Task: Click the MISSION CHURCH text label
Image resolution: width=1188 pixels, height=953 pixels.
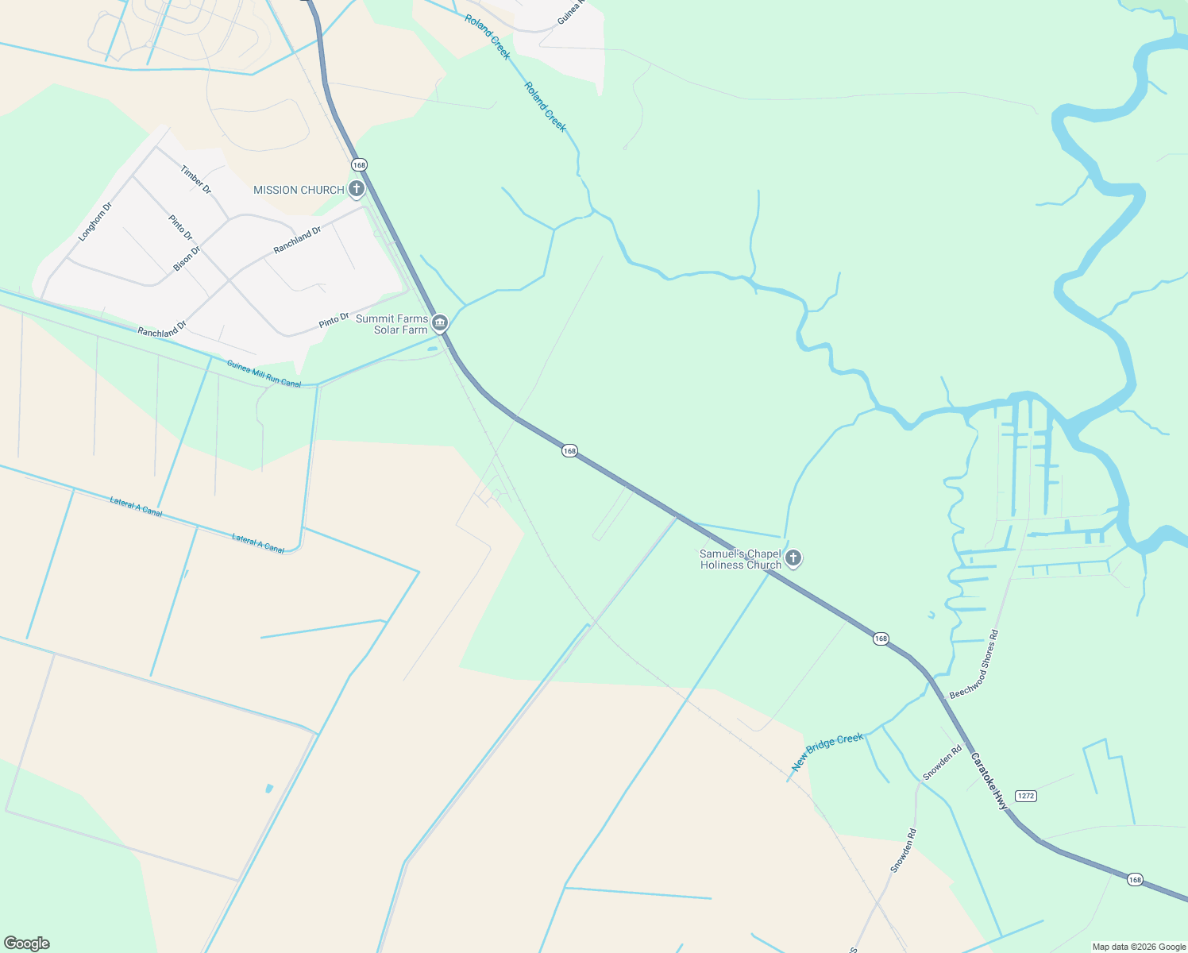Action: coord(299,190)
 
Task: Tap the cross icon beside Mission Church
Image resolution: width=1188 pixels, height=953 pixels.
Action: coord(357,189)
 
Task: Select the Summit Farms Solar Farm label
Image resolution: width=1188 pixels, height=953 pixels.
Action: coord(391,324)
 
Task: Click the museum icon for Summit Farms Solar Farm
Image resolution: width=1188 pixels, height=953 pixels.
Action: coord(440,323)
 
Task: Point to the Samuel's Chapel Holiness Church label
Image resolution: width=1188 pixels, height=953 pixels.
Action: coord(740,559)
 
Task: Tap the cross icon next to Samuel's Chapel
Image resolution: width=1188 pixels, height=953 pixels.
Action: coord(793,558)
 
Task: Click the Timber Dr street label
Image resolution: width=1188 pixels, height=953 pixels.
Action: coord(196,179)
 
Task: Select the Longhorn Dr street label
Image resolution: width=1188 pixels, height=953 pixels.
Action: coord(95,222)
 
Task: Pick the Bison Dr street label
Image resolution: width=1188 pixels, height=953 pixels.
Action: coord(187,259)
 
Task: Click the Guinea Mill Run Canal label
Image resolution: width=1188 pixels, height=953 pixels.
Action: coord(264,373)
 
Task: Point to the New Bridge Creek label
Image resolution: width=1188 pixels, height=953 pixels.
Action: coord(827,751)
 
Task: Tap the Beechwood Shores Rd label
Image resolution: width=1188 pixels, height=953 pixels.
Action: coord(974,665)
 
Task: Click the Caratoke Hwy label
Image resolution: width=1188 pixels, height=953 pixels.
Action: coord(989,781)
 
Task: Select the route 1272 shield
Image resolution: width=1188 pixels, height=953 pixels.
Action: coord(1025,796)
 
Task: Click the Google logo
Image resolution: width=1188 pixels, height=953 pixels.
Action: coord(27,943)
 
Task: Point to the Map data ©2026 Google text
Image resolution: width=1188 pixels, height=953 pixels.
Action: coord(1139,947)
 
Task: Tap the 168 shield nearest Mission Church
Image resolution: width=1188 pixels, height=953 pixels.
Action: coord(359,165)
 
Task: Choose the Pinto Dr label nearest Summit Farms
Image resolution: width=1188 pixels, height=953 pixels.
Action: coord(334,320)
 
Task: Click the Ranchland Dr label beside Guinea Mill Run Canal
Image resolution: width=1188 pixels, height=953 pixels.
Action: coord(161,330)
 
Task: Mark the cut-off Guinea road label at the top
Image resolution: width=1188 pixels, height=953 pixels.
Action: coord(570,11)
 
